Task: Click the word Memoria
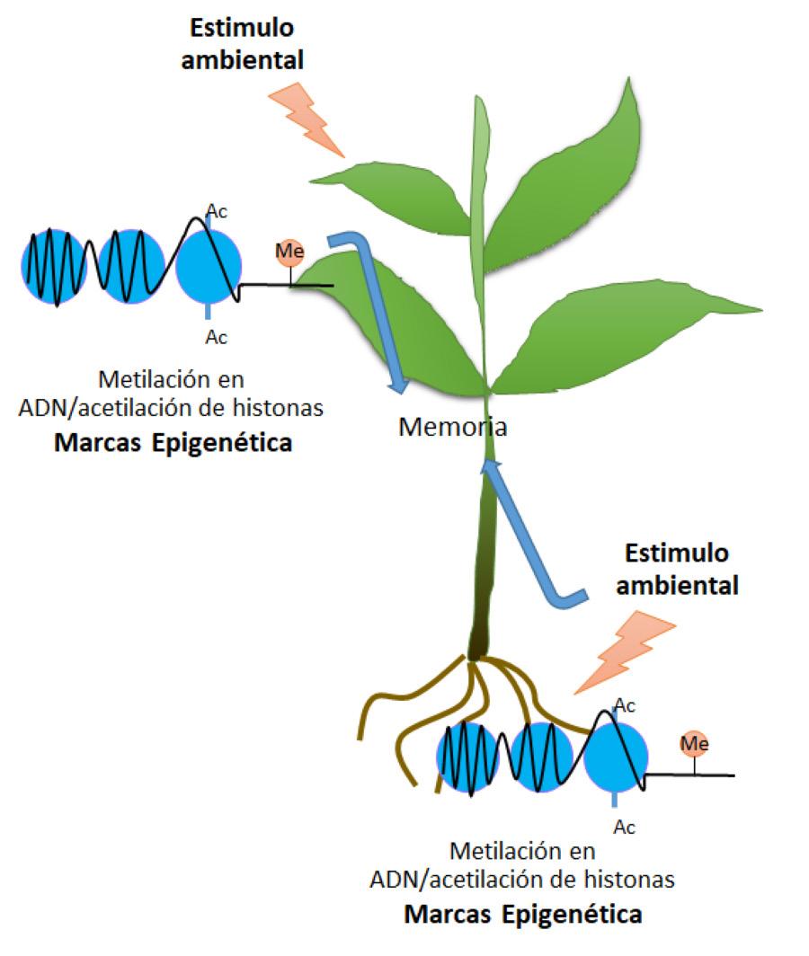click(x=452, y=427)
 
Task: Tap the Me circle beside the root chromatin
click(x=694, y=743)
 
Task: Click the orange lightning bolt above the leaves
click(x=307, y=118)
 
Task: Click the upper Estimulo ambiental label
click(x=241, y=44)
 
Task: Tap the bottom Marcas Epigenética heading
click(x=523, y=915)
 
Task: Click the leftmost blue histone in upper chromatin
click(x=53, y=266)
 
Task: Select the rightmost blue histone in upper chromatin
click(x=209, y=266)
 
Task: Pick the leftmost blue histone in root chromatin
click(x=470, y=757)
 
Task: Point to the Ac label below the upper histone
click(x=216, y=337)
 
